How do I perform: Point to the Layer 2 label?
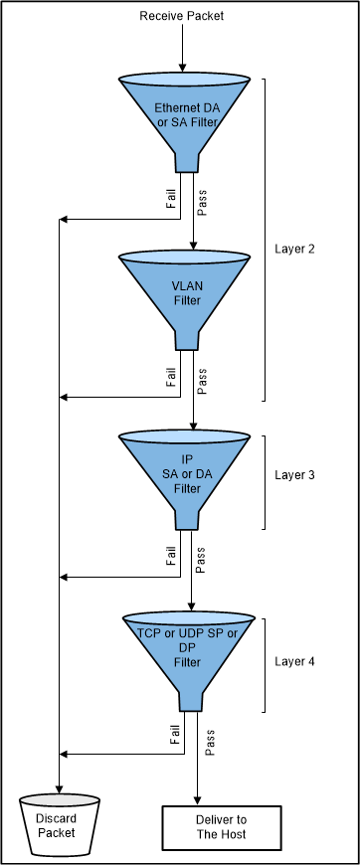[x=294, y=249]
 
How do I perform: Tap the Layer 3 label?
[x=294, y=475]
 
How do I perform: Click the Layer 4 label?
[x=294, y=660]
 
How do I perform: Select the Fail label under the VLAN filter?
[x=171, y=379]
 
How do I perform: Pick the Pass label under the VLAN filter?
[x=202, y=382]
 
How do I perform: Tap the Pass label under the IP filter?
[x=202, y=562]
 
